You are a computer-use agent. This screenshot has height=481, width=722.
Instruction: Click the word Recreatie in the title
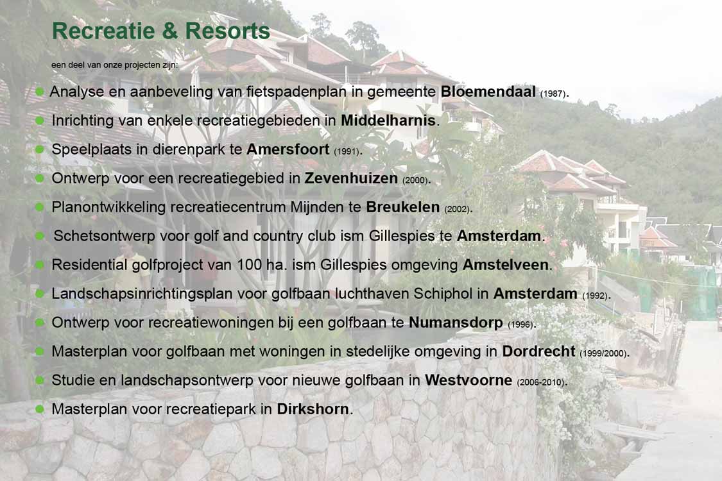pos(103,31)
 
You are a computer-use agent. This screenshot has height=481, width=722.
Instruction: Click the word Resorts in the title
pos(227,31)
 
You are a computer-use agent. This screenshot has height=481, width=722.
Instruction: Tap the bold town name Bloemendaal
pos(488,92)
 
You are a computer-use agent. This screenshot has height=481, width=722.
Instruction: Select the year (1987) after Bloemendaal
pos(553,94)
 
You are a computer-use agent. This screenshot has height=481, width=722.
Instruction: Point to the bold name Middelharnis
pos(388,121)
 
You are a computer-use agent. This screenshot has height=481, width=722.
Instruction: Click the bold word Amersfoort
pos(288,149)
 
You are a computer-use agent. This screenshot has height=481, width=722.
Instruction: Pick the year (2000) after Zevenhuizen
pos(415,180)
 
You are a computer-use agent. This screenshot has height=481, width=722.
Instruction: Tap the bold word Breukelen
pos(403,207)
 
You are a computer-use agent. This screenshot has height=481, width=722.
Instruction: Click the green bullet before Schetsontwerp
pos(40,235)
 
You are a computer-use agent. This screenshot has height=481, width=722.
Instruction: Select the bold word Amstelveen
pos(506,265)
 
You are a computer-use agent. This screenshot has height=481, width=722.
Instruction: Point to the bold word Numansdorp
pos(456,323)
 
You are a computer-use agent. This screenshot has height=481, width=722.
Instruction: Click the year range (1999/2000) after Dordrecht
pos(603,353)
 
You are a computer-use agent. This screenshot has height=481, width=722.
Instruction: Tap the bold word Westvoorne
pos(468,380)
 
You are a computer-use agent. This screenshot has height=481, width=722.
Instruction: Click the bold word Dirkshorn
pos(313,409)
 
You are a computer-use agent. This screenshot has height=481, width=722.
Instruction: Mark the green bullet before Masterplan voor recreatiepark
pos(40,409)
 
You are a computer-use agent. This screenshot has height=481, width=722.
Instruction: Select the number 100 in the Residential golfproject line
pos(249,265)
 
